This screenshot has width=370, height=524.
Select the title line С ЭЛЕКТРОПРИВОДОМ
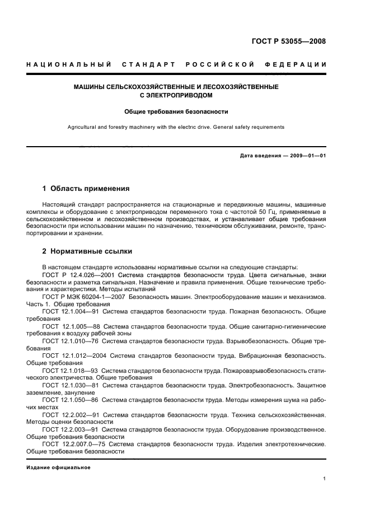pos(176,95)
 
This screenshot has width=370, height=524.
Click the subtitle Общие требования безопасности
pos(176,111)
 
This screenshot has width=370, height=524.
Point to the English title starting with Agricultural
pos(176,127)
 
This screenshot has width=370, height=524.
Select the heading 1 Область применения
pos(86,189)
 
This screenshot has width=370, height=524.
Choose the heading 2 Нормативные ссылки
pos(87,251)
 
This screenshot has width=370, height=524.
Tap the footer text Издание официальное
pos(58,467)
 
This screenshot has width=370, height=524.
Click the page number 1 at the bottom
pos(325,479)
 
